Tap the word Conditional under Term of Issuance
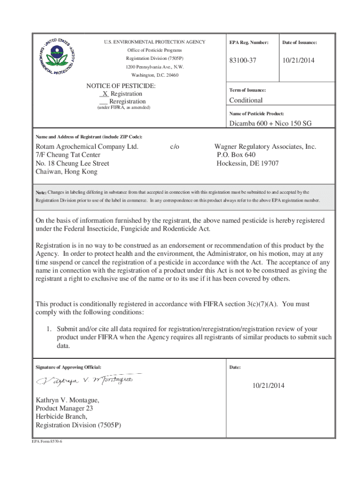(x=246, y=100)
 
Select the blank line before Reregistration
(x=104, y=102)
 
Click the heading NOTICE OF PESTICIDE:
(x=121, y=86)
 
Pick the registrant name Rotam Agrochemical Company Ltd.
(x=87, y=146)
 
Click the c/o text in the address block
(x=174, y=146)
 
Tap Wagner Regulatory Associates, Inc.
(x=265, y=146)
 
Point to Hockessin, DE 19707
(x=247, y=163)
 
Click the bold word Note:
(x=41, y=192)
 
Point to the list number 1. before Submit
(x=48, y=329)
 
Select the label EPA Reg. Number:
(x=249, y=43)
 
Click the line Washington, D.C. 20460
(x=154, y=75)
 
